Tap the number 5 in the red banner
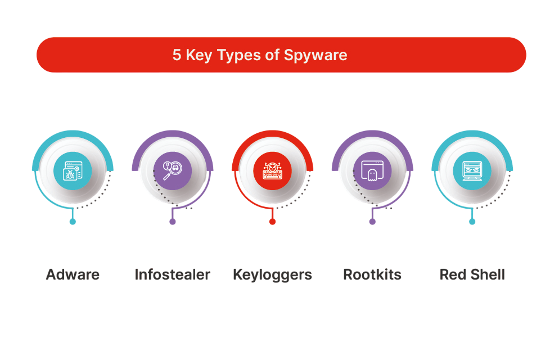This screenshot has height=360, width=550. (x=177, y=55)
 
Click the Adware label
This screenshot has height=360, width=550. (x=73, y=274)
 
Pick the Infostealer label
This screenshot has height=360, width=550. (x=172, y=274)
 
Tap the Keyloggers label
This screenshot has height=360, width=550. (x=272, y=274)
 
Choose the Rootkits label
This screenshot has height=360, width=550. (x=372, y=274)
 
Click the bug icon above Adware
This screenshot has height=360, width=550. (x=73, y=170)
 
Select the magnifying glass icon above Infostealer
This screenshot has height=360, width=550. (x=173, y=170)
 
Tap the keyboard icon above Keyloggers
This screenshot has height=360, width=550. (x=272, y=170)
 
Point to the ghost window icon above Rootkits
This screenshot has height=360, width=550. (x=372, y=170)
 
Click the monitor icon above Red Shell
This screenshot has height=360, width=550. (x=472, y=170)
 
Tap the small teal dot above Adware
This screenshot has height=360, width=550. (x=73, y=222)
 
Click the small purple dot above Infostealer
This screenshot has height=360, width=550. (x=173, y=222)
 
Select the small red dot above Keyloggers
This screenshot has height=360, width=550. (x=272, y=222)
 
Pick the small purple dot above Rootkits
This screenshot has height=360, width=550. (x=372, y=222)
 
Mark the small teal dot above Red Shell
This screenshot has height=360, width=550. (x=472, y=222)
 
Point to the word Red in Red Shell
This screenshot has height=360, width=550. (x=453, y=274)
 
